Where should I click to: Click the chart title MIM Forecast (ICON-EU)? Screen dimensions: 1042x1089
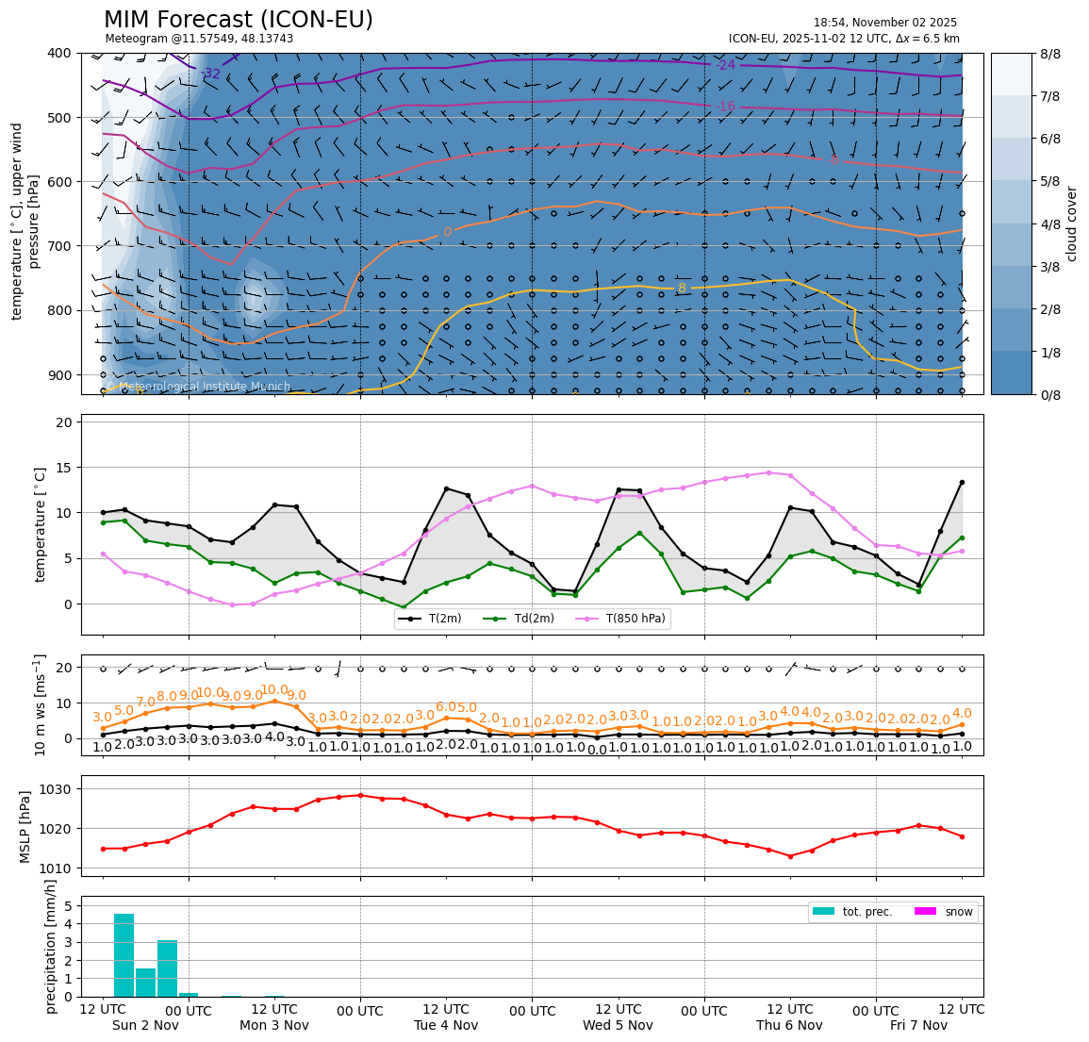pos(238,20)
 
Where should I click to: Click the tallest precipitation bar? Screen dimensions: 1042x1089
pos(124,954)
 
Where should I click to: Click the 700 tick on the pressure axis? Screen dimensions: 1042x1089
pos(58,246)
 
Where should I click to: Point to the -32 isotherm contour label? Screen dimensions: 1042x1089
pos(210,74)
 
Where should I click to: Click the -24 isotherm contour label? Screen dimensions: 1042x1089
pos(725,65)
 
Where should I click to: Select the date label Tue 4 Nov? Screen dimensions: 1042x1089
pos(446,1025)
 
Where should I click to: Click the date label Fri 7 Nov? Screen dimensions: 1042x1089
pos(919,1025)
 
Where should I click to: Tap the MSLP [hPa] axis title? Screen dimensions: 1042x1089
pos(25,825)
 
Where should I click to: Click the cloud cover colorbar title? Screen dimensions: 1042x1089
pos(1071,223)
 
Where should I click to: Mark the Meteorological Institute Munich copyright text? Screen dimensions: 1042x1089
pos(198,387)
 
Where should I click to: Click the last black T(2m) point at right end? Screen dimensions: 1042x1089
pos(962,482)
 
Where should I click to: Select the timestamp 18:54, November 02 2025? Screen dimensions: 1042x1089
pos(884,23)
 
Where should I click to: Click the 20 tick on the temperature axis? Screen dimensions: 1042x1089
pos(64,422)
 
